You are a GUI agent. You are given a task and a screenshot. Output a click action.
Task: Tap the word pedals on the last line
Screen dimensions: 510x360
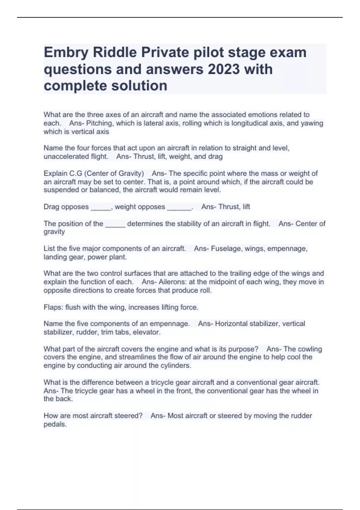pos(55,424)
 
